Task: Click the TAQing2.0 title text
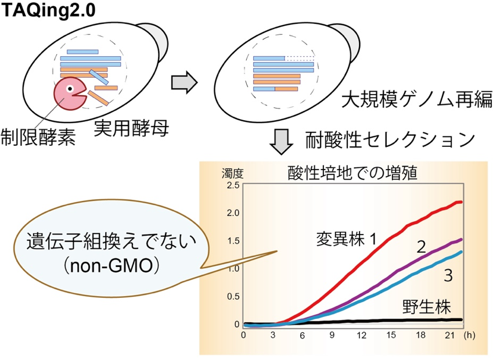[48, 10]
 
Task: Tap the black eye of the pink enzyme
[70, 89]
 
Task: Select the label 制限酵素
[38, 137]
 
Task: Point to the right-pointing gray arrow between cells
[184, 82]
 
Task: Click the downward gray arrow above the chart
[282, 141]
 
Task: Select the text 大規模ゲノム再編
[417, 100]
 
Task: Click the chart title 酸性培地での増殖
[352, 172]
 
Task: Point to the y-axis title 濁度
[232, 174]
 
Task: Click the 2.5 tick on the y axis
[233, 185]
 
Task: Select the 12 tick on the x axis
[361, 335]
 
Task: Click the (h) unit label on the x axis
[469, 335]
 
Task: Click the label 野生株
[427, 306]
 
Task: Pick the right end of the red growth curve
[461, 202]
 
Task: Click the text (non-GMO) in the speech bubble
[111, 267]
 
